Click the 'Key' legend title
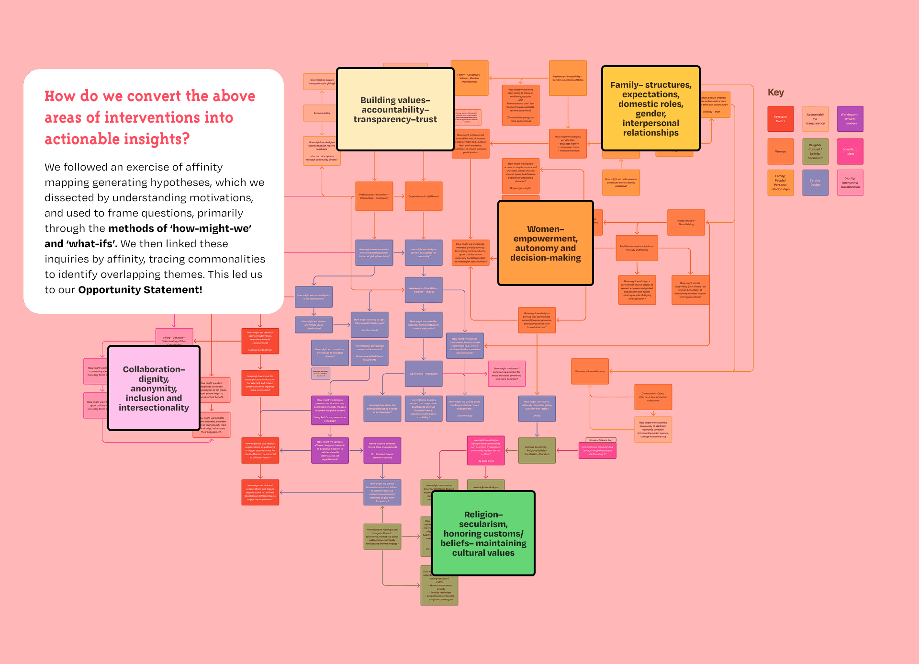pos(775,92)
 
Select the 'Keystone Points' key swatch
pos(780,119)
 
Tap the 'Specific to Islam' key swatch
pos(850,151)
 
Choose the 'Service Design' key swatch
pos(815,183)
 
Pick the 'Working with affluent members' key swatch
pos(850,119)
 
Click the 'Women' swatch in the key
pos(780,151)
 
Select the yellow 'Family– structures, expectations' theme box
pos(650,109)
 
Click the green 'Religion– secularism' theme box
pos(483,533)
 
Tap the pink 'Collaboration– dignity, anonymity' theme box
pos(154,388)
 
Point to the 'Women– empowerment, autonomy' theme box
pos(545,243)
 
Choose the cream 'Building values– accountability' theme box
pos(395,109)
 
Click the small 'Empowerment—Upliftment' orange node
pos(424,196)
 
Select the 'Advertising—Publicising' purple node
pos(424,374)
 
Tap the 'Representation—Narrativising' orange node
pos(686,222)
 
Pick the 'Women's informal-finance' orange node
pos(590,371)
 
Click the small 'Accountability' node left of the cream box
pos(322,113)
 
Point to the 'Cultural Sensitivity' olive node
pos(537,450)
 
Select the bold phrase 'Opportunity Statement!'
pos(140,290)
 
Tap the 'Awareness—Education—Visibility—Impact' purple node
pos(424,290)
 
